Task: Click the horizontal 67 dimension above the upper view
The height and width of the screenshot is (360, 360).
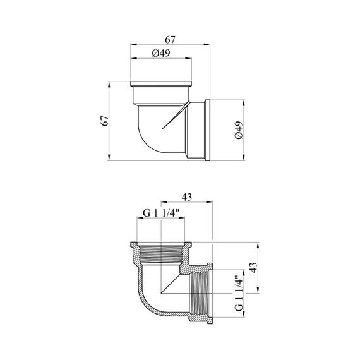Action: (x=170, y=40)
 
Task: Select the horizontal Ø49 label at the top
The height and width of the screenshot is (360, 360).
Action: (x=161, y=53)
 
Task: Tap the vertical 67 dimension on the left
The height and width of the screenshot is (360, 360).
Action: (x=105, y=121)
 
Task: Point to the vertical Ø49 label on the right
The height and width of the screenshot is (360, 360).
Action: (x=239, y=130)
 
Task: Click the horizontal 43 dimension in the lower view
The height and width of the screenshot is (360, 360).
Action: (x=187, y=197)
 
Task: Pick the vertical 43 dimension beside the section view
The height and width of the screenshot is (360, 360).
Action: (x=253, y=268)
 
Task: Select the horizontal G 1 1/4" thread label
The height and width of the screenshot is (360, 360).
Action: (x=160, y=213)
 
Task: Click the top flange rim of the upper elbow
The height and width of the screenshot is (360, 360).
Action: (x=161, y=84)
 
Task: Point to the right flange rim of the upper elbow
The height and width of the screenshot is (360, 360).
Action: (x=207, y=130)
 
